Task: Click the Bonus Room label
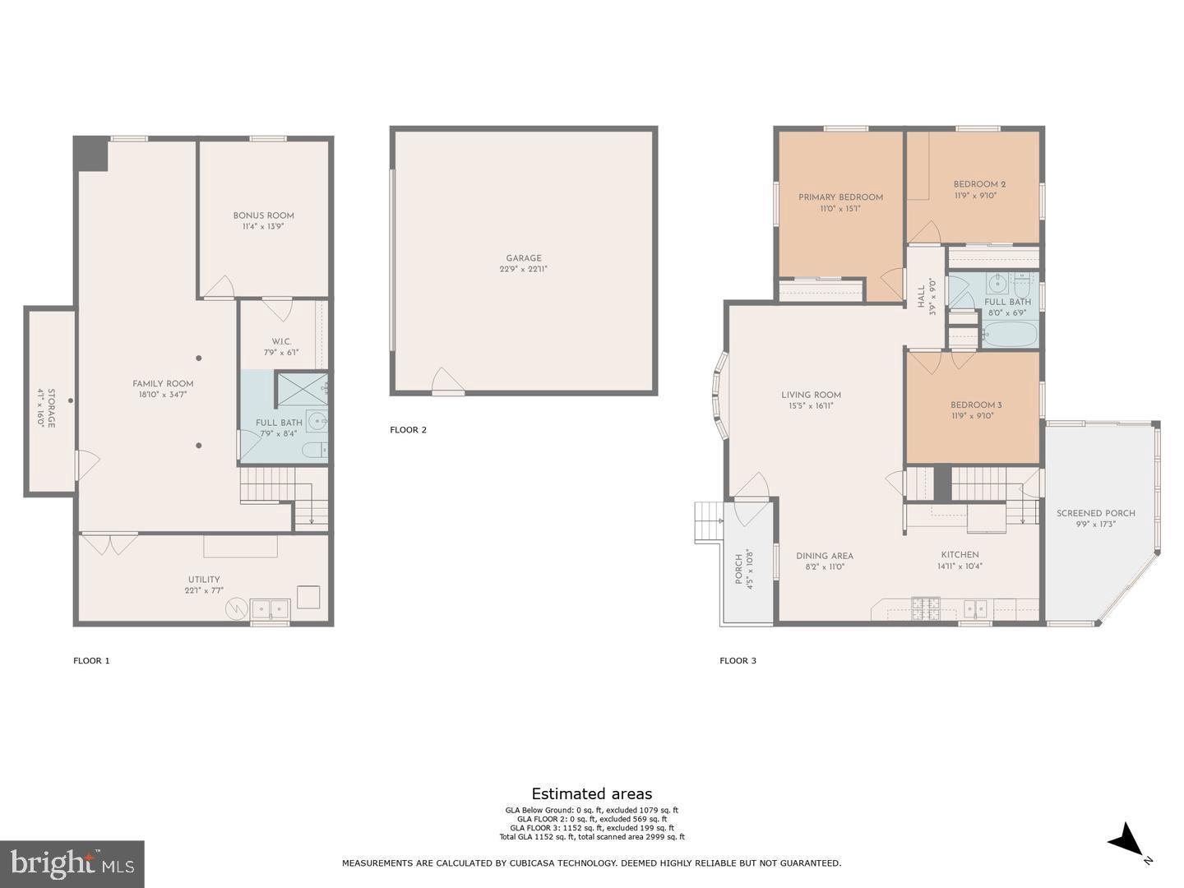pyautogui.click(x=263, y=216)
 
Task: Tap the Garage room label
pyautogui.click(x=524, y=259)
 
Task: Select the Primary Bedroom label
pyautogui.click(x=840, y=197)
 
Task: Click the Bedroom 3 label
pyautogui.click(x=976, y=405)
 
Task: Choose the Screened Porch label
pyautogui.click(x=1095, y=514)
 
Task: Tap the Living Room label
pyautogui.click(x=811, y=395)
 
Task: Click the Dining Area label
pyautogui.click(x=824, y=556)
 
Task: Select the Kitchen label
pyautogui.click(x=960, y=555)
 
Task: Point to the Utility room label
pyautogui.click(x=202, y=580)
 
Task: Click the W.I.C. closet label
pyautogui.click(x=281, y=342)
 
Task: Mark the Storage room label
pyautogui.click(x=51, y=408)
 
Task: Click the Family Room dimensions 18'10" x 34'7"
pyautogui.click(x=163, y=395)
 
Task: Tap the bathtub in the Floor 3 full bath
pyautogui.click(x=1009, y=334)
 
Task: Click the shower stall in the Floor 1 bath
pyautogui.click(x=300, y=387)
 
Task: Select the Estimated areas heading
pyautogui.click(x=591, y=794)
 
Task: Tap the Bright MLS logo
pyautogui.click(x=72, y=864)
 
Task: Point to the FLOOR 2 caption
pyautogui.click(x=408, y=430)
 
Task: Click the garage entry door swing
pyautogui.click(x=448, y=381)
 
